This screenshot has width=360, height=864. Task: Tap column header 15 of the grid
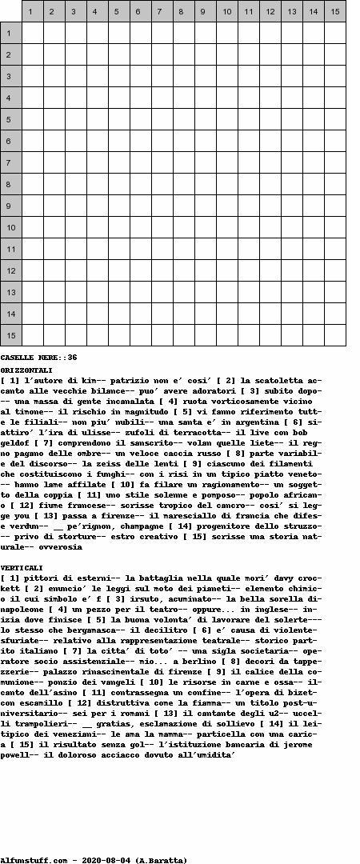pyautogui.click(x=335, y=11)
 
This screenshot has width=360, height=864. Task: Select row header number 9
pyautogui.click(x=10, y=206)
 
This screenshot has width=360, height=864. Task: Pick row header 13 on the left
pyautogui.click(x=10, y=292)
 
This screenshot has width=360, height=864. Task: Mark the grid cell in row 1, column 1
pyautogui.click(x=33, y=33)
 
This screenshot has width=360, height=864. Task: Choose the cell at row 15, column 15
pyautogui.click(x=335, y=335)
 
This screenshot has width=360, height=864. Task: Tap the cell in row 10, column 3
pyautogui.click(x=76, y=227)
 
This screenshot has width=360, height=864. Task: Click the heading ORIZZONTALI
pyautogui.click(x=26, y=370)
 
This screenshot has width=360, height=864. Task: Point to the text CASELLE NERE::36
pyautogui.click(x=38, y=357)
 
